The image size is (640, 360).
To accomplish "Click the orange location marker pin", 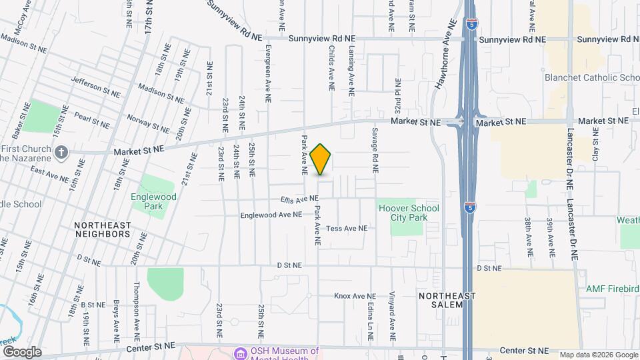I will pyautogui.click(x=321, y=159).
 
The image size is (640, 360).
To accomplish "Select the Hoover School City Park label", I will pyautogui.click(x=409, y=213).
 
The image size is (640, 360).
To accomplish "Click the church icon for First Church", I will pyautogui.click(x=61, y=152).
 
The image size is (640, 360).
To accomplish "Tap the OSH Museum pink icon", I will pyautogui.click(x=238, y=351).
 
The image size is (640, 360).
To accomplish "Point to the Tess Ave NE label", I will pyautogui.click(x=347, y=228).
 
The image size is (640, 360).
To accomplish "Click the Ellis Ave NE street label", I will pyautogui.click(x=299, y=199).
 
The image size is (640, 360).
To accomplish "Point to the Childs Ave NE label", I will pyautogui.click(x=331, y=68).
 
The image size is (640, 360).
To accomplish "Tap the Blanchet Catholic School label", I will pyautogui.click(x=592, y=77).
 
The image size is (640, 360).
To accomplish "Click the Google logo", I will pyautogui.click(x=21, y=351).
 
